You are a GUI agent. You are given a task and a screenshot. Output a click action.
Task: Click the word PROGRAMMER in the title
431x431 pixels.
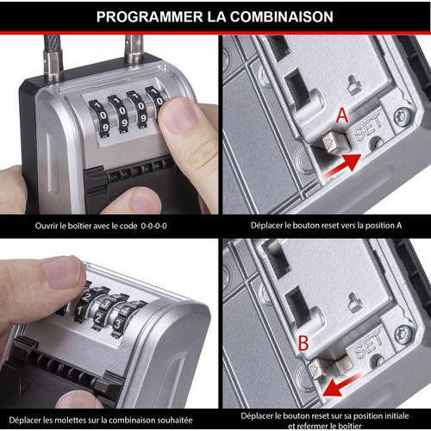click(149, 16)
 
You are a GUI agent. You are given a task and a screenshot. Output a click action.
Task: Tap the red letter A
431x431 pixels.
click(342, 116)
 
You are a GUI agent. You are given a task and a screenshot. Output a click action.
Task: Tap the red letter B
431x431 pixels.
click(303, 343)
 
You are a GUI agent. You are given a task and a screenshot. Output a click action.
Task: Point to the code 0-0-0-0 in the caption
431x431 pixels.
click(153, 226)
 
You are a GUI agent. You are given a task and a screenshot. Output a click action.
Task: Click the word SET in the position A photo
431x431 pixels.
click(368, 127)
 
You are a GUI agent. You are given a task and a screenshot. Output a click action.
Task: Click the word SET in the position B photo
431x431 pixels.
click(368, 344)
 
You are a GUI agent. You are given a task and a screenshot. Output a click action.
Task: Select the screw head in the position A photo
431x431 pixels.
click(402, 117)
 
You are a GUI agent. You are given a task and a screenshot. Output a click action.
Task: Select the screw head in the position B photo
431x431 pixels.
click(403, 335)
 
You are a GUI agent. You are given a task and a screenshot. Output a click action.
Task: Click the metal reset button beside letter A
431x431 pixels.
click(335, 141)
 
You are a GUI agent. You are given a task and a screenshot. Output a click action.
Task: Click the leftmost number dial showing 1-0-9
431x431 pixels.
click(99, 118)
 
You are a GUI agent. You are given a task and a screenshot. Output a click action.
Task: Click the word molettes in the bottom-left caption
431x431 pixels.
click(71, 421)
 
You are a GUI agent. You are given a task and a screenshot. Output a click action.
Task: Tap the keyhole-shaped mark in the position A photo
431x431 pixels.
click(354, 84)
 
